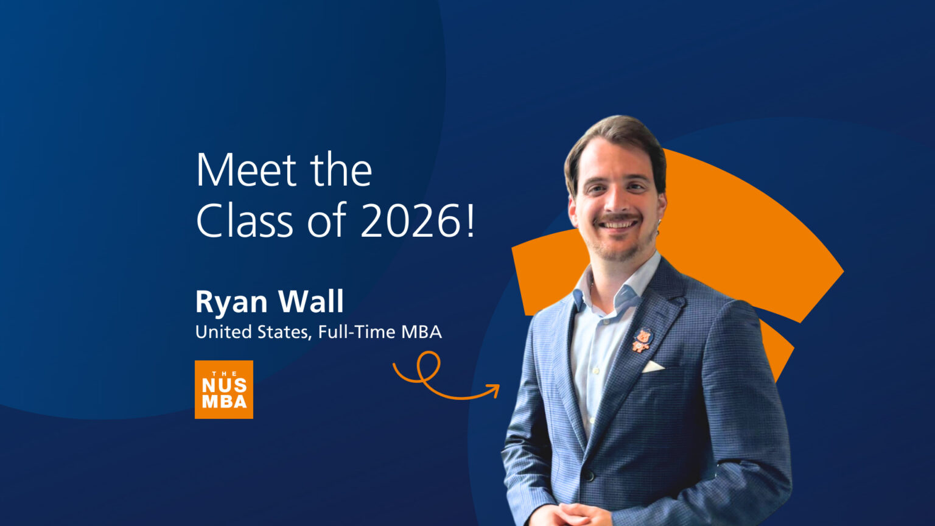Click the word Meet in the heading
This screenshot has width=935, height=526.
pos(247,170)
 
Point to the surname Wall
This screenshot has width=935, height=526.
pos(311,301)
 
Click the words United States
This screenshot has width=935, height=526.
pos(253,332)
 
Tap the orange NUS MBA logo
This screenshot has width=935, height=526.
pos(224,390)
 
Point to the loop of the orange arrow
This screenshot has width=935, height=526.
pos(429,363)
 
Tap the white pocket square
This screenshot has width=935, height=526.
pos(653,366)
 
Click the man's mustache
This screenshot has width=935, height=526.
pos(618,217)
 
